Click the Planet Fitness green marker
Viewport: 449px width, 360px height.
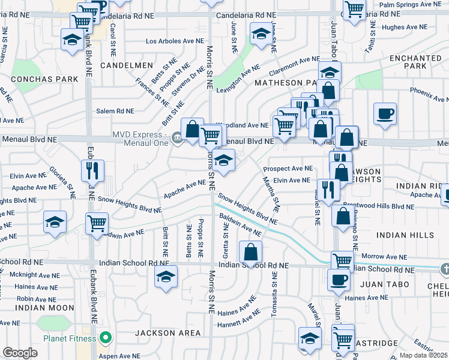(106, 338)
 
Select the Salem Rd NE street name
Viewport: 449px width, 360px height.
(115, 111)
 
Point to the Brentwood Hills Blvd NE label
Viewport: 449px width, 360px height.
(379, 206)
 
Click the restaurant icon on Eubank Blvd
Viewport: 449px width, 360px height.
(93, 171)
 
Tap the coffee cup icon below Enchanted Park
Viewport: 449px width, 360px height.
(385, 113)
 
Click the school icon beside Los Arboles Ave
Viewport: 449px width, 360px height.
(261, 34)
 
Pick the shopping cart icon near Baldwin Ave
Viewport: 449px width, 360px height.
(97, 224)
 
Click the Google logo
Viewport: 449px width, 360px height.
(20, 353)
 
